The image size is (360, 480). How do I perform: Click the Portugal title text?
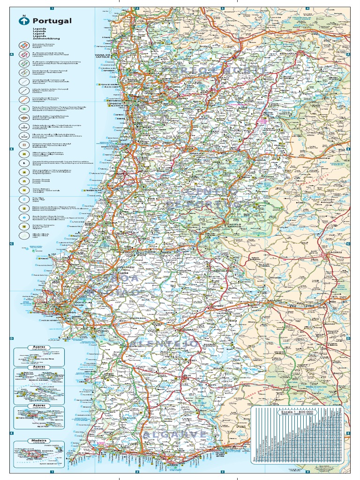point(52,21)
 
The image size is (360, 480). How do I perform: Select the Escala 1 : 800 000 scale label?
point(297,412)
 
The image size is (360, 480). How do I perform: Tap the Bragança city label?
point(290,53)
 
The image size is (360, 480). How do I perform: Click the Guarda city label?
point(260,160)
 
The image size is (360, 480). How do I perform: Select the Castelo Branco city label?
point(234,225)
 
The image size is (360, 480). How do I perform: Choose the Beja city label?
point(187,375)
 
